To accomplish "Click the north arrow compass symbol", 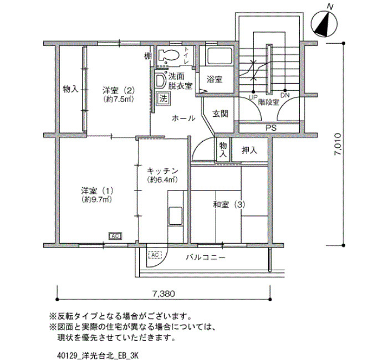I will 325,24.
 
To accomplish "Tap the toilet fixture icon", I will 168,56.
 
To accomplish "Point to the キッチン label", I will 162,171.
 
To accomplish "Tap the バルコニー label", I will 205,258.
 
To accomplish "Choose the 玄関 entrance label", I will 220,114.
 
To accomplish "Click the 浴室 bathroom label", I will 215,80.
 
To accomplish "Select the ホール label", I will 182,119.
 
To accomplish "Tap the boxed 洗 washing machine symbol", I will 164,99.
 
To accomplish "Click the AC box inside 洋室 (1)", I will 115,236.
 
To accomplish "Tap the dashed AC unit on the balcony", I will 155,255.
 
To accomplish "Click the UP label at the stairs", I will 254,97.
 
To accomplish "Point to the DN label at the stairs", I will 285,97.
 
